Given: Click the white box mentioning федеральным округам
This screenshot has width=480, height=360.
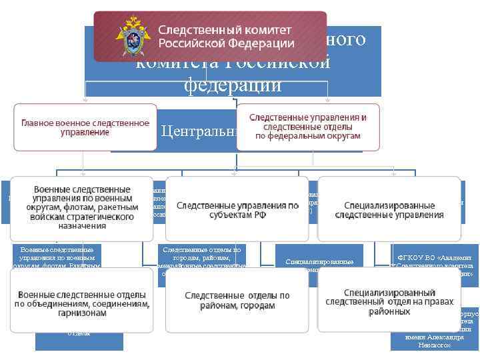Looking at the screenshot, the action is pyautogui.click(x=307, y=126).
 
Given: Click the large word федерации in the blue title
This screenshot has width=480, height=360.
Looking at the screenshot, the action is pyautogui.click(x=233, y=86).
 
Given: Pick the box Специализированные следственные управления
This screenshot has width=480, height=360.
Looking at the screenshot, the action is pyautogui.click(x=389, y=209).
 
